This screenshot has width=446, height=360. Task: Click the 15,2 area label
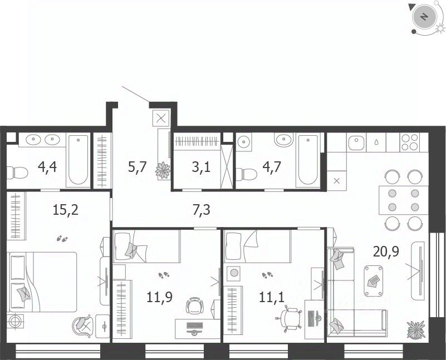pyautogui.click(x=65, y=210)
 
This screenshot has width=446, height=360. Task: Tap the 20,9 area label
pyautogui.click(x=386, y=251)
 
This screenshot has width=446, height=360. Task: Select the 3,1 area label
pyautogui.click(x=201, y=167)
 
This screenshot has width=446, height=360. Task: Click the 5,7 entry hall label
pyautogui.click(x=137, y=167)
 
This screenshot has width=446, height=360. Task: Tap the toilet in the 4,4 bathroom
pyautogui.click(x=17, y=172)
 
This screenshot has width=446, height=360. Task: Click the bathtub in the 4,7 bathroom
pyautogui.click(x=308, y=161)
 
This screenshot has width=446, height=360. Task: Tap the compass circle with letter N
pyautogui.click(x=424, y=17)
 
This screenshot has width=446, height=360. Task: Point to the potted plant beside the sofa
pyautogui.click(x=416, y=329)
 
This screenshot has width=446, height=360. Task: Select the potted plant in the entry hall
pyautogui.click(x=163, y=170)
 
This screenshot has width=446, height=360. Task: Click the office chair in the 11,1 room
pyautogui.click(x=288, y=317)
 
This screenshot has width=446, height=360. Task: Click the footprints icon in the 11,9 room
pyautogui.click(x=164, y=275)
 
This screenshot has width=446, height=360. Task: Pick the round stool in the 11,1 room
pyautogui.click(x=234, y=273)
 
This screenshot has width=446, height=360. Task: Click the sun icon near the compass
pyautogui.click(x=440, y=28)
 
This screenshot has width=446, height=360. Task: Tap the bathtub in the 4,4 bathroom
pyautogui.click(x=78, y=161)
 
